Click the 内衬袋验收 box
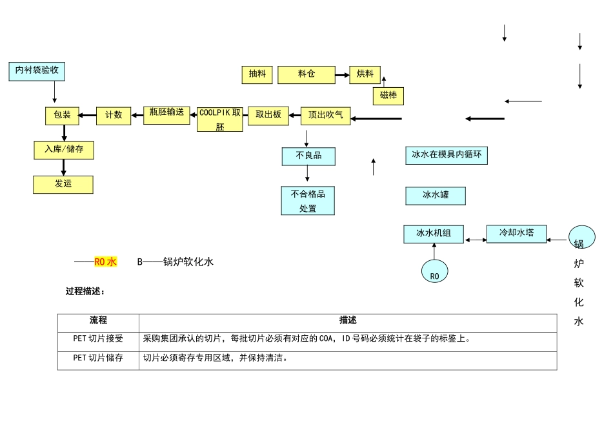pyautogui.click(x=37, y=71)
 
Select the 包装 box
pyautogui.click(x=63, y=116)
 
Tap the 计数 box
pyautogui.click(x=114, y=116)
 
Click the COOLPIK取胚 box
pyautogui.click(x=220, y=119)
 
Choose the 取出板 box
pyautogui.click(x=268, y=116)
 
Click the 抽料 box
pyautogui.click(x=257, y=75)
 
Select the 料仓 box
pyautogui.click(x=306, y=75)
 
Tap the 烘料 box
pyautogui.click(x=365, y=75)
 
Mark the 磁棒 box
pyautogui.click(x=388, y=96)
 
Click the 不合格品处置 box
pyautogui.click(x=308, y=201)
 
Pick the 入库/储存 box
pyautogui.click(x=64, y=150)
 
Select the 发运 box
pyautogui.click(x=63, y=184)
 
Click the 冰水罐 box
pyautogui.click(x=436, y=195)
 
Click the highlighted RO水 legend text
pyautogui.click(x=105, y=262)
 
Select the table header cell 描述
pyautogui.click(x=348, y=321)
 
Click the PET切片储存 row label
pyautogui.click(x=98, y=358)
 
